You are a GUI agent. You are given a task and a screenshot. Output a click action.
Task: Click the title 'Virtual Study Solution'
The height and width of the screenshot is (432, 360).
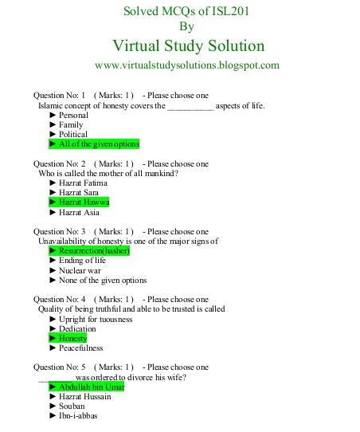click(189, 45)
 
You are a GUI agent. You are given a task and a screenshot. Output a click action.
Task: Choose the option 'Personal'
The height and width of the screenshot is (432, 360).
click(73, 116)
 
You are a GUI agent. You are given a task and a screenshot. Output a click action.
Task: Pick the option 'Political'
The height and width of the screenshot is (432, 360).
click(73, 135)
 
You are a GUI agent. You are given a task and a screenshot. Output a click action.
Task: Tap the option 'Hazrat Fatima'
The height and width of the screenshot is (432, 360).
click(83, 183)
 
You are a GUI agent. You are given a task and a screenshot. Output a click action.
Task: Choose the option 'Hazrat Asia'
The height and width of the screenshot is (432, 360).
click(79, 212)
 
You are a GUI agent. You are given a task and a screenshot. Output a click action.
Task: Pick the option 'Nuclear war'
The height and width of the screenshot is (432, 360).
click(80, 270)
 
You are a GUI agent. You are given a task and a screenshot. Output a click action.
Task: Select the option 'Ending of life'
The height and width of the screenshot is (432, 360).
click(82, 261)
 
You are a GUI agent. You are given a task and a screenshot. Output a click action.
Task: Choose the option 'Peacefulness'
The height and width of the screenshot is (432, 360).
click(82, 348)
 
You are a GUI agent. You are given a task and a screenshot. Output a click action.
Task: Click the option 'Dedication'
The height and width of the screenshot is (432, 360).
click(77, 328)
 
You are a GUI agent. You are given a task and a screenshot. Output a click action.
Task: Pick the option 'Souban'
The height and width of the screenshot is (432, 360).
click(72, 406)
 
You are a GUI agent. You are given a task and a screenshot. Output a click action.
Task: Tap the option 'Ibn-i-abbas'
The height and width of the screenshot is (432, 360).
click(78, 415)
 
